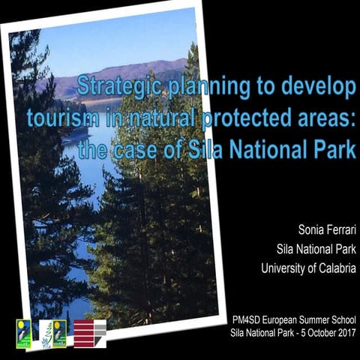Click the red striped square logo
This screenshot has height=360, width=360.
pyautogui.click(x=89, y=334)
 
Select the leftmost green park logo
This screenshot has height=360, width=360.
pyautogui.click(x=24, y=333)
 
